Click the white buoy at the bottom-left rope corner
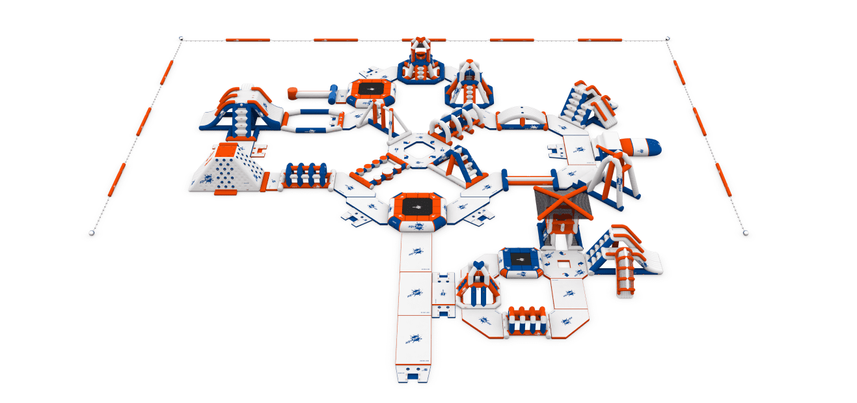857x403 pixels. point(91,232)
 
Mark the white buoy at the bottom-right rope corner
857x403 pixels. point(746,232)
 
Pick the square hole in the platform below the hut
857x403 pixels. point(562,264)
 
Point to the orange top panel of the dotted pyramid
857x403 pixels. point(224,152)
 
